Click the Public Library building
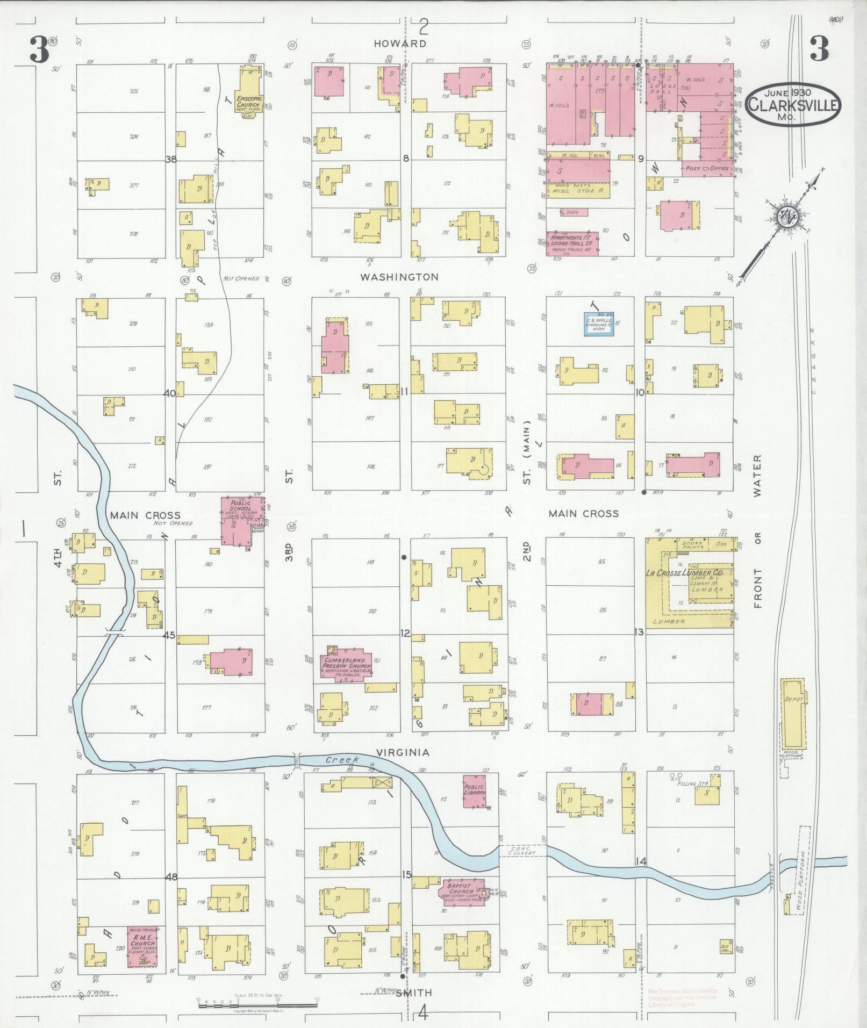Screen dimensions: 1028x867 tap(475, 791)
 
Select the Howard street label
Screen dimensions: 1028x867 tap(401, 44)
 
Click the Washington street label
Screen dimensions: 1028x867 tap(399, 277)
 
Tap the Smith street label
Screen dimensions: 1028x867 tap(414, 994)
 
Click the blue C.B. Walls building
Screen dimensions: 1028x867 tap(599, 325)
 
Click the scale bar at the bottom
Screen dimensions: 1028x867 tap(257, 1003)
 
